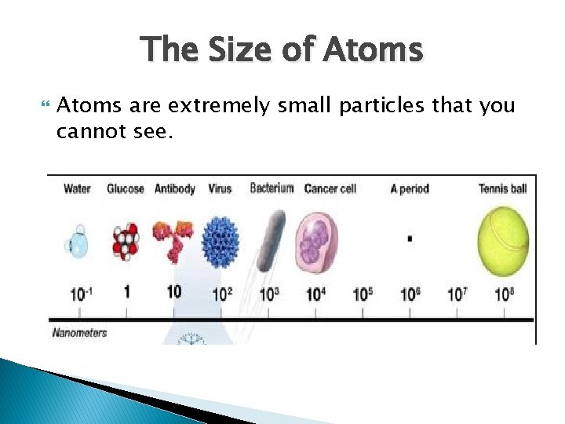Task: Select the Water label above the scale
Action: (77, 188)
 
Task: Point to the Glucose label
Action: (126, 188)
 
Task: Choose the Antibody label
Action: (174, 188)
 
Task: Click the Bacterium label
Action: (272, 188)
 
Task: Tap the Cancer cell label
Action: (330, 188)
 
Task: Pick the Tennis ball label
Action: (502, 188)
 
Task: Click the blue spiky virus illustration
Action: (220, 242)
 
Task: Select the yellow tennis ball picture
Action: (503, 241)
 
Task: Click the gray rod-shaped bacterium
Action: (272, 239)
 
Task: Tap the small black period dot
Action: (410, 238)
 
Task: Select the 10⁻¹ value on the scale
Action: (79, 294)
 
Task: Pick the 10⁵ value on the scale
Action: (362, 294)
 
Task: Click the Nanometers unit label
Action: (79, 333)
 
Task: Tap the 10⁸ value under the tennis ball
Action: (503, 294)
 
